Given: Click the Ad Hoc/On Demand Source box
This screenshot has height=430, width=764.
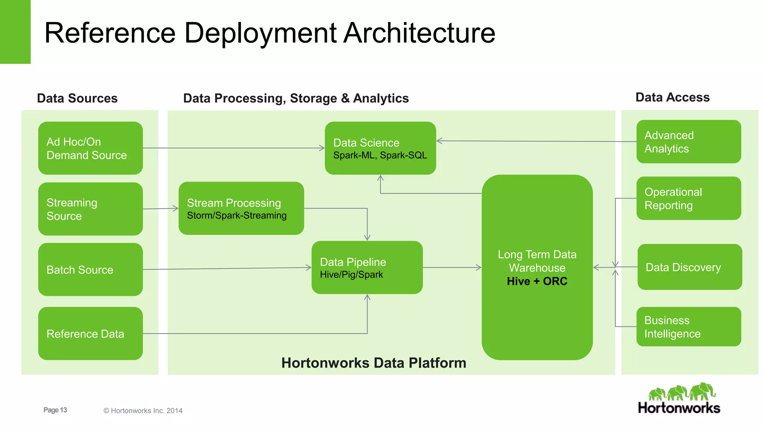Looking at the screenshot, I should click(x=90, y=148).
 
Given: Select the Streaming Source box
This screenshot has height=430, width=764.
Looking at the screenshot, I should click(x=90, y=209).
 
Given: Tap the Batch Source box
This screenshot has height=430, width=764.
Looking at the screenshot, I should click(x=90, y=269).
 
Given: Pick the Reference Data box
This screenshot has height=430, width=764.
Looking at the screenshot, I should click(x=90, y=333).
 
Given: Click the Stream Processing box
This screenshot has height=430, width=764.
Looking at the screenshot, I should click(x=241, y=208).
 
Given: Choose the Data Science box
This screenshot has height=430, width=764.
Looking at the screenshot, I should click(x=380, y=148).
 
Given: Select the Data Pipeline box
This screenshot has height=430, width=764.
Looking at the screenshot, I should click(x=367, y=267).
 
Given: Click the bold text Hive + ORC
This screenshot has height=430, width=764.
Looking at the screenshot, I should click(x=537, y=281).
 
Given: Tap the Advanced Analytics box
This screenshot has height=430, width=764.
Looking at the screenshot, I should click(x=689, y=141).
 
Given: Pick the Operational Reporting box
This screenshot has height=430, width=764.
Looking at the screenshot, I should click(x=689, y=198).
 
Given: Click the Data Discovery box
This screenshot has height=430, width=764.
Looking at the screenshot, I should click(x=689, y=267).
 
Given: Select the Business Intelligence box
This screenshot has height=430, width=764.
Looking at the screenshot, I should click(x=689, y=327).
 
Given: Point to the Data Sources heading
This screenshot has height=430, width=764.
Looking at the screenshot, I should click(x=77, y=98).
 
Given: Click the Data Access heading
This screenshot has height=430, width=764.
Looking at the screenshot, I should click(x=672, y=97).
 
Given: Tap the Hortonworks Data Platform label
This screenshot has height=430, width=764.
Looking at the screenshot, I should click(x=373, y=363).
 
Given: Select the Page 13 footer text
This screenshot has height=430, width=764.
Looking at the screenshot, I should click(x=55, y=410).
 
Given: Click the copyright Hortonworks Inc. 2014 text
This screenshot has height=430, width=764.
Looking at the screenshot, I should click(x=143, y=411).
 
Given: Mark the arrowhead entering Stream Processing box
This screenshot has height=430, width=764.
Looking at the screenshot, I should click(x=176, y=208).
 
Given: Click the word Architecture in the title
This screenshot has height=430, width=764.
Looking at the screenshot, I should click(x=419, y=33).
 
